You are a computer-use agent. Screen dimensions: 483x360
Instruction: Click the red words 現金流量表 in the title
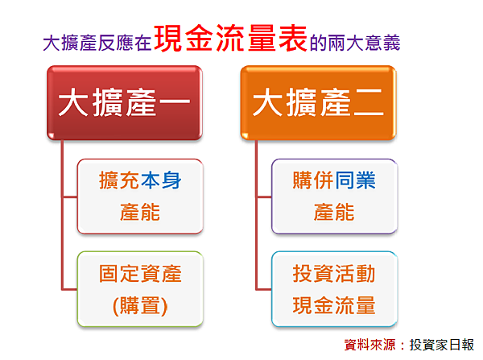[x=230, y=38]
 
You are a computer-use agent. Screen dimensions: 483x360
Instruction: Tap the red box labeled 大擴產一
[x=125, y=102]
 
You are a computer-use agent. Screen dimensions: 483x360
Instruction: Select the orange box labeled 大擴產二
[x=318, y=102]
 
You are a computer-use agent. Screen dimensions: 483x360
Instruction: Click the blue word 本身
[x=161, y=180]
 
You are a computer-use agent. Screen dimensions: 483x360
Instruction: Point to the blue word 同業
[x=355, y=180]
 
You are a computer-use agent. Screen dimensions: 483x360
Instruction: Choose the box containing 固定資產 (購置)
[x=140, y=289]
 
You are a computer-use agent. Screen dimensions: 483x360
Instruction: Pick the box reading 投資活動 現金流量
[x=335, y=289]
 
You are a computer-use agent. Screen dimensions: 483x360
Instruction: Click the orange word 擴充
[x=119, y=180]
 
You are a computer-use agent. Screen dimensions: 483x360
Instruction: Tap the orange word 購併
[x=314, y=180]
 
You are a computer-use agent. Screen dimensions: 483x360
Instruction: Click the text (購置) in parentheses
[x=140, y=306]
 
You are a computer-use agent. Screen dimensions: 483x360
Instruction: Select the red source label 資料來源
[x=369, y=345]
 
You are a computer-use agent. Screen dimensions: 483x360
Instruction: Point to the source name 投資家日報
[x=442, y=345]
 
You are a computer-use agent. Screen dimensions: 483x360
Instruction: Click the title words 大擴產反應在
[x=97, y=43]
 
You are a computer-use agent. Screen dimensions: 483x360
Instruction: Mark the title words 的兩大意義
[x=355, y=43]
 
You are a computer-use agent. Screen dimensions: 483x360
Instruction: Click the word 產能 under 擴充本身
[x=140, y=212]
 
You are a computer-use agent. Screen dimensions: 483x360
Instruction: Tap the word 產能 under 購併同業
[x=334, y=212]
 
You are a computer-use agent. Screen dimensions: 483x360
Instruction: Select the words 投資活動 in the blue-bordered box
[x=334, y=273]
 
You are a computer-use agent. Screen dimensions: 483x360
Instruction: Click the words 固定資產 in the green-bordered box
[x=140, y=273]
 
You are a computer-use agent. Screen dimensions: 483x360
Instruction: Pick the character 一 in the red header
[x=175, y=101]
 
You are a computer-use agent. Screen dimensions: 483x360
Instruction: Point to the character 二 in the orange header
[x=369, y=102]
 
